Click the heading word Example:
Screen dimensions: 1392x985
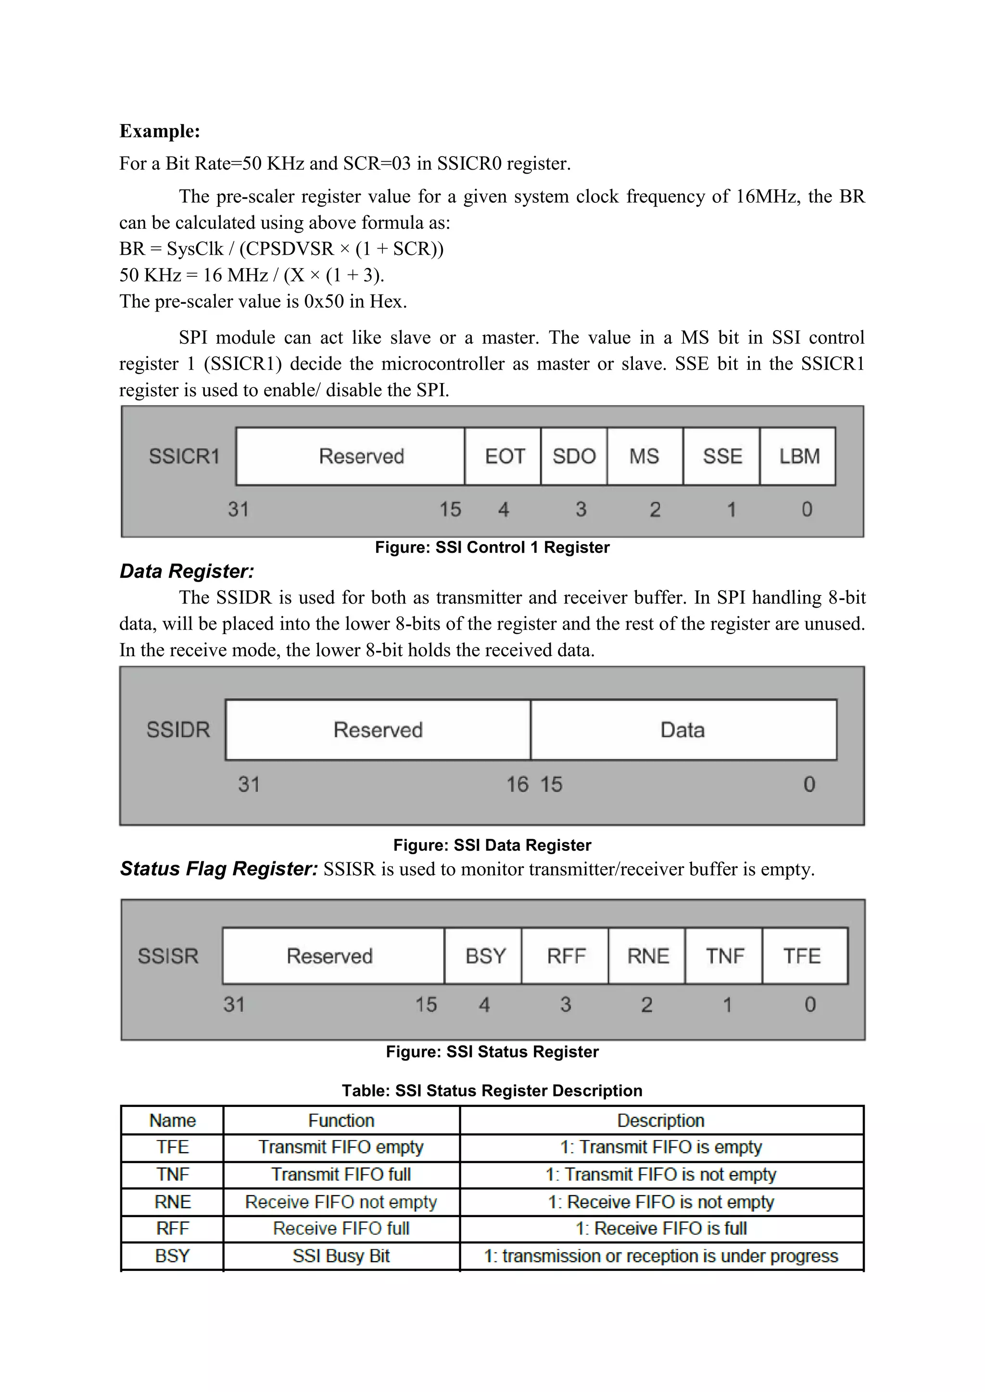(160, 131)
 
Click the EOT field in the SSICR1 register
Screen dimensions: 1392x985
(504, 456)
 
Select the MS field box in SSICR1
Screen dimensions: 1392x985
(644, 456)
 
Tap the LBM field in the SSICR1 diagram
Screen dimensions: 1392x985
(798, 456)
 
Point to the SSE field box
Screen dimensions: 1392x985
(722, 456)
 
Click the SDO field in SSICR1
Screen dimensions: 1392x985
(574, 456)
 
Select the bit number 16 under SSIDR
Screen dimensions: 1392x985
(518, 784)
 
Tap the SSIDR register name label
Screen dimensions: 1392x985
(177, 729)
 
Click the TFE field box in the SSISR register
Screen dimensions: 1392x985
(802, 956)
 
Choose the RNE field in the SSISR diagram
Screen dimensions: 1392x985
(647, 956)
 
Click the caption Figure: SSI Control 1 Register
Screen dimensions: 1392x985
(492, 547)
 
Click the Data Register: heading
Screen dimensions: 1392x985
(187, 571)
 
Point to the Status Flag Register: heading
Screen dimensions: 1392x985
(218, 869)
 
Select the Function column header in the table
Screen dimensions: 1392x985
(341, 1120)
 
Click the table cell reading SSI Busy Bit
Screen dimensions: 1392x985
(341, 1256)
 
